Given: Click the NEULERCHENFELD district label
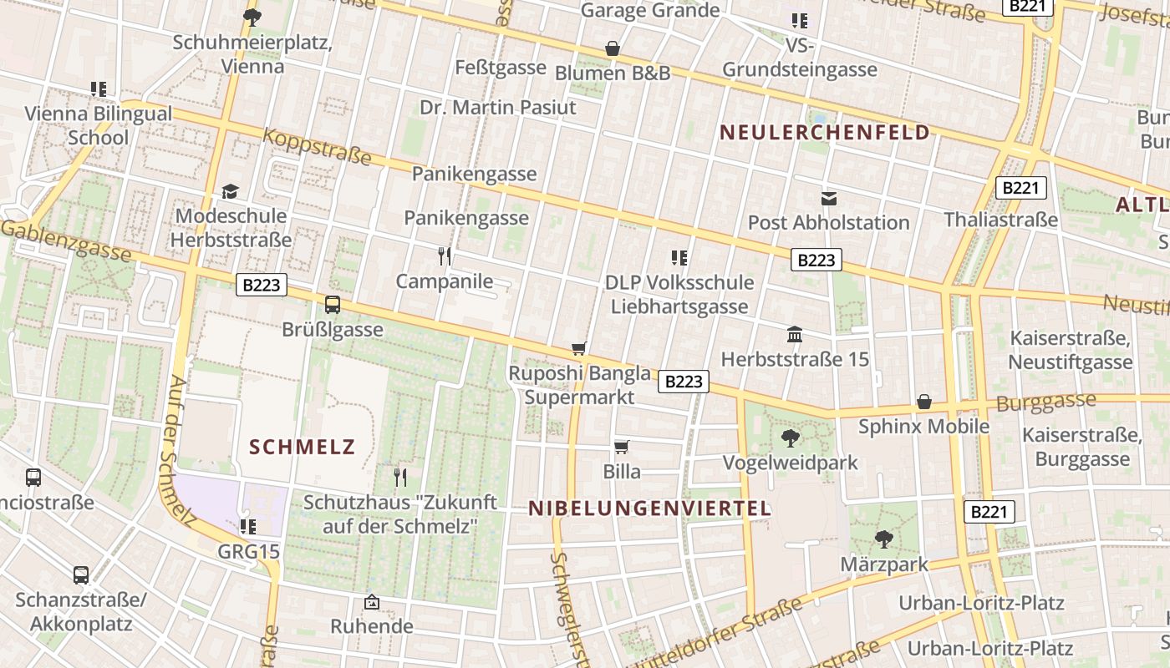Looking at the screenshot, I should pos(824,133).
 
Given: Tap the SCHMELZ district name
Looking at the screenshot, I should pos(303,448).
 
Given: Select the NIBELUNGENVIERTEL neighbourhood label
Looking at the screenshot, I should pos(649,509).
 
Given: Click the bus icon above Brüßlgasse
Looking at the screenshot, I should pos(333,305).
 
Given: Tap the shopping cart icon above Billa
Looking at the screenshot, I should pos(621,447).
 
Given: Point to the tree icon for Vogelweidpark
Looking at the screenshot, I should pos(790,438).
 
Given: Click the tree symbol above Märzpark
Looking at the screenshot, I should pos(883,539).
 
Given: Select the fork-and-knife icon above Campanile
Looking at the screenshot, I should pos(444,256).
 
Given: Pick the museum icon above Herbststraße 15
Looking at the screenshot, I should pos(795,335).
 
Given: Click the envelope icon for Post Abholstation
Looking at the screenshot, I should pos(828,198).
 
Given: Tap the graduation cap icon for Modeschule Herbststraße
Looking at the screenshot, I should pos(230,191).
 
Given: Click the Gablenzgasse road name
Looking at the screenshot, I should pos(67,239).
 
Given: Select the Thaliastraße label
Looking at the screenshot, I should pos(1000,220).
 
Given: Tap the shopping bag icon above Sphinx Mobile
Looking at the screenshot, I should pos(923,402).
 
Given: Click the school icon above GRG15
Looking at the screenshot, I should pos(247,527).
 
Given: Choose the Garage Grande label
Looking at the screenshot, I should pos(649,11).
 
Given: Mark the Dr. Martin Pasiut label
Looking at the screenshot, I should pos(497,108).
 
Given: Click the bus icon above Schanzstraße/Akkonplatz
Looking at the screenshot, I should pos(81,575).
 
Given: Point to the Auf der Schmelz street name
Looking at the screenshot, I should pos(182,451).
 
